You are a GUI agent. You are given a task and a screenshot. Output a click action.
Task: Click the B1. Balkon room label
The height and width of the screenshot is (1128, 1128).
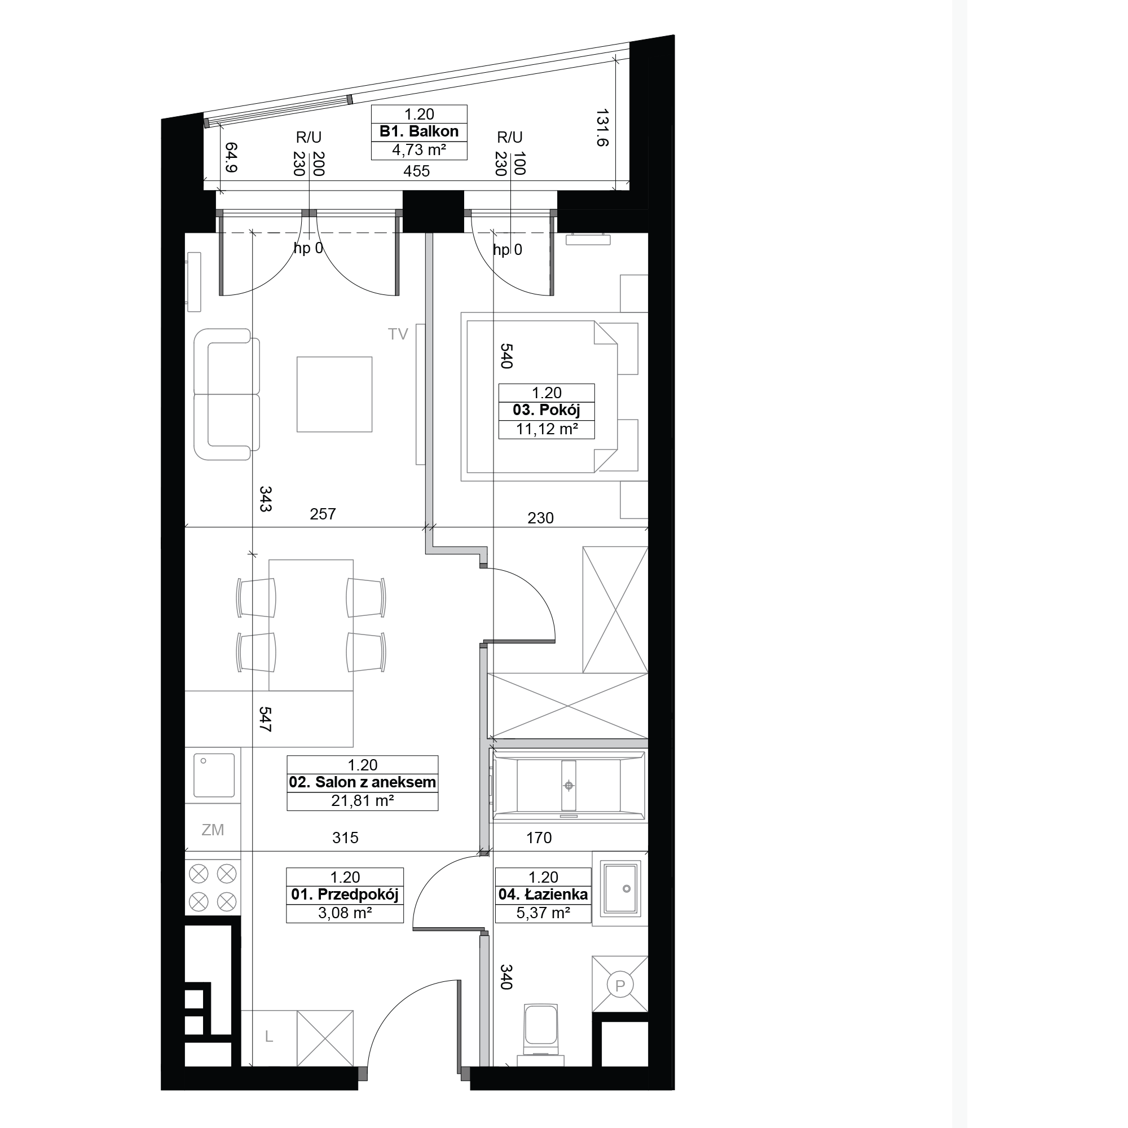coord(418,131)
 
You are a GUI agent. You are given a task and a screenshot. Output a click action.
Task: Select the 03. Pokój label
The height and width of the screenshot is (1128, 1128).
coord(547,410)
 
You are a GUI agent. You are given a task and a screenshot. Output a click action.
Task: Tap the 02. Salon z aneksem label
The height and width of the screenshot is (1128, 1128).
coord(363,782)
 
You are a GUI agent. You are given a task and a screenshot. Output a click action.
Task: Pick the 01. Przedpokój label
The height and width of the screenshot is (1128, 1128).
coord(345,895)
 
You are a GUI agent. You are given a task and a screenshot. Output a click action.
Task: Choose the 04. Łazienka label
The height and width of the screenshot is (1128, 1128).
coord(543,895)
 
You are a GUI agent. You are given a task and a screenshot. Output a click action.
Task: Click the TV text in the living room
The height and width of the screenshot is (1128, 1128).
coord(398,334)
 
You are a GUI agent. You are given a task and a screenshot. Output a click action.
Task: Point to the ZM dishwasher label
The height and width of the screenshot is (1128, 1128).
coord(213,830)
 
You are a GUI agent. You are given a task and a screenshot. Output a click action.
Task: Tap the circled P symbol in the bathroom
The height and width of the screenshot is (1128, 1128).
coord(620,985)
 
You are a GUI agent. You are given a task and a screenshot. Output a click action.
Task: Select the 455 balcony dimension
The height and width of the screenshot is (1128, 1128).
coord(416,171)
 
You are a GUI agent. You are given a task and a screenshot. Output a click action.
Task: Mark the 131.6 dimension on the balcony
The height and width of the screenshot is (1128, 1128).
coord(602,127)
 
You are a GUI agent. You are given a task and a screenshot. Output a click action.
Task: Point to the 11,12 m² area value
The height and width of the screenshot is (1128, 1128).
coord(547,430)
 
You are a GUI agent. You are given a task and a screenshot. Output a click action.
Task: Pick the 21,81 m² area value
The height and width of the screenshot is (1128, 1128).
coord(363,800)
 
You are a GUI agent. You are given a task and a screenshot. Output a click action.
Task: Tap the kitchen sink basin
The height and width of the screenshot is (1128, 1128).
coord(214,775)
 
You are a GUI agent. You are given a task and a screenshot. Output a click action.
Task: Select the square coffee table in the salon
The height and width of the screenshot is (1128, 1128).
coord(334,395)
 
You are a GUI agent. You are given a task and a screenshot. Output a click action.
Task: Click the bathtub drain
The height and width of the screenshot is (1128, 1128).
coord(569,786)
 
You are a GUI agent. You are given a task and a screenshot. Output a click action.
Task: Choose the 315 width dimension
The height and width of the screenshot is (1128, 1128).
coord(345,838)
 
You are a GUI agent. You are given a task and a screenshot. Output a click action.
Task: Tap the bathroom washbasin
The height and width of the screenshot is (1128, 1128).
coord(620,889)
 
